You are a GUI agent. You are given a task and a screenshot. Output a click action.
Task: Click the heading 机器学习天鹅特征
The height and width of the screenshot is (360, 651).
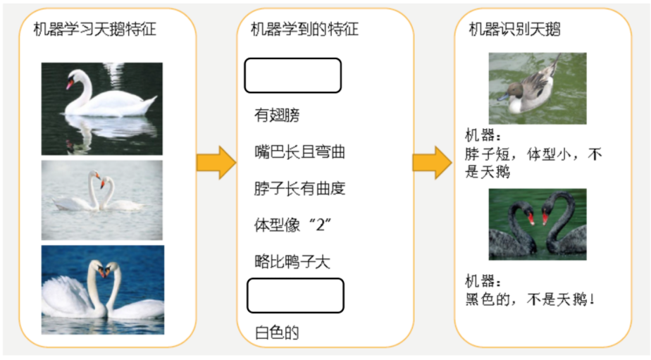pos(94,30)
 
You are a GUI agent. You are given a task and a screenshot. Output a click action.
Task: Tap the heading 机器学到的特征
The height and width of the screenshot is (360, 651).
pos(304,30)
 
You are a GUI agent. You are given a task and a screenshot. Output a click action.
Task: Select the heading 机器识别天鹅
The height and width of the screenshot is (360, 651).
pos(514,30)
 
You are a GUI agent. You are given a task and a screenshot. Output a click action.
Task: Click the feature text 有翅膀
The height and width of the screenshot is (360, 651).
pos(277,114)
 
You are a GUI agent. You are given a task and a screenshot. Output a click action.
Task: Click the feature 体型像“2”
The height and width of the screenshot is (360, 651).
pos(292,226)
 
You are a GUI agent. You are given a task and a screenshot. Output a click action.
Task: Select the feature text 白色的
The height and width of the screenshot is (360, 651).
pos(277,333)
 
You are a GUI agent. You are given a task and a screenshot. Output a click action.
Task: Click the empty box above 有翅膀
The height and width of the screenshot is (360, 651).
pos(292,75)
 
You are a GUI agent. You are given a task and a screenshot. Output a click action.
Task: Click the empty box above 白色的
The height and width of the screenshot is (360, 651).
pos(294,295)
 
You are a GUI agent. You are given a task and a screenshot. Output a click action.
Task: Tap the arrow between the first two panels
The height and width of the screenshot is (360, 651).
pos(216,163)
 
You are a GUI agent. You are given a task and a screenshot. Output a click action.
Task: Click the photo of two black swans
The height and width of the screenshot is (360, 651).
pos(537,223)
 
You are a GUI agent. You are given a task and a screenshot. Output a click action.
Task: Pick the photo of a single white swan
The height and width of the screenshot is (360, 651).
pos(101,108)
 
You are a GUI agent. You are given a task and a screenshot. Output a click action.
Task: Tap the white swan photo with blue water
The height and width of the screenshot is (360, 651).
pos(102,290)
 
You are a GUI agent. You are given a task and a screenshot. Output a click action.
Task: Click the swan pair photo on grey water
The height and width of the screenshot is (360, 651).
pos(101,195)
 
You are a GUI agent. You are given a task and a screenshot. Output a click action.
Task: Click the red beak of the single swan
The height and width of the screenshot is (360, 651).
pos(70,85)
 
